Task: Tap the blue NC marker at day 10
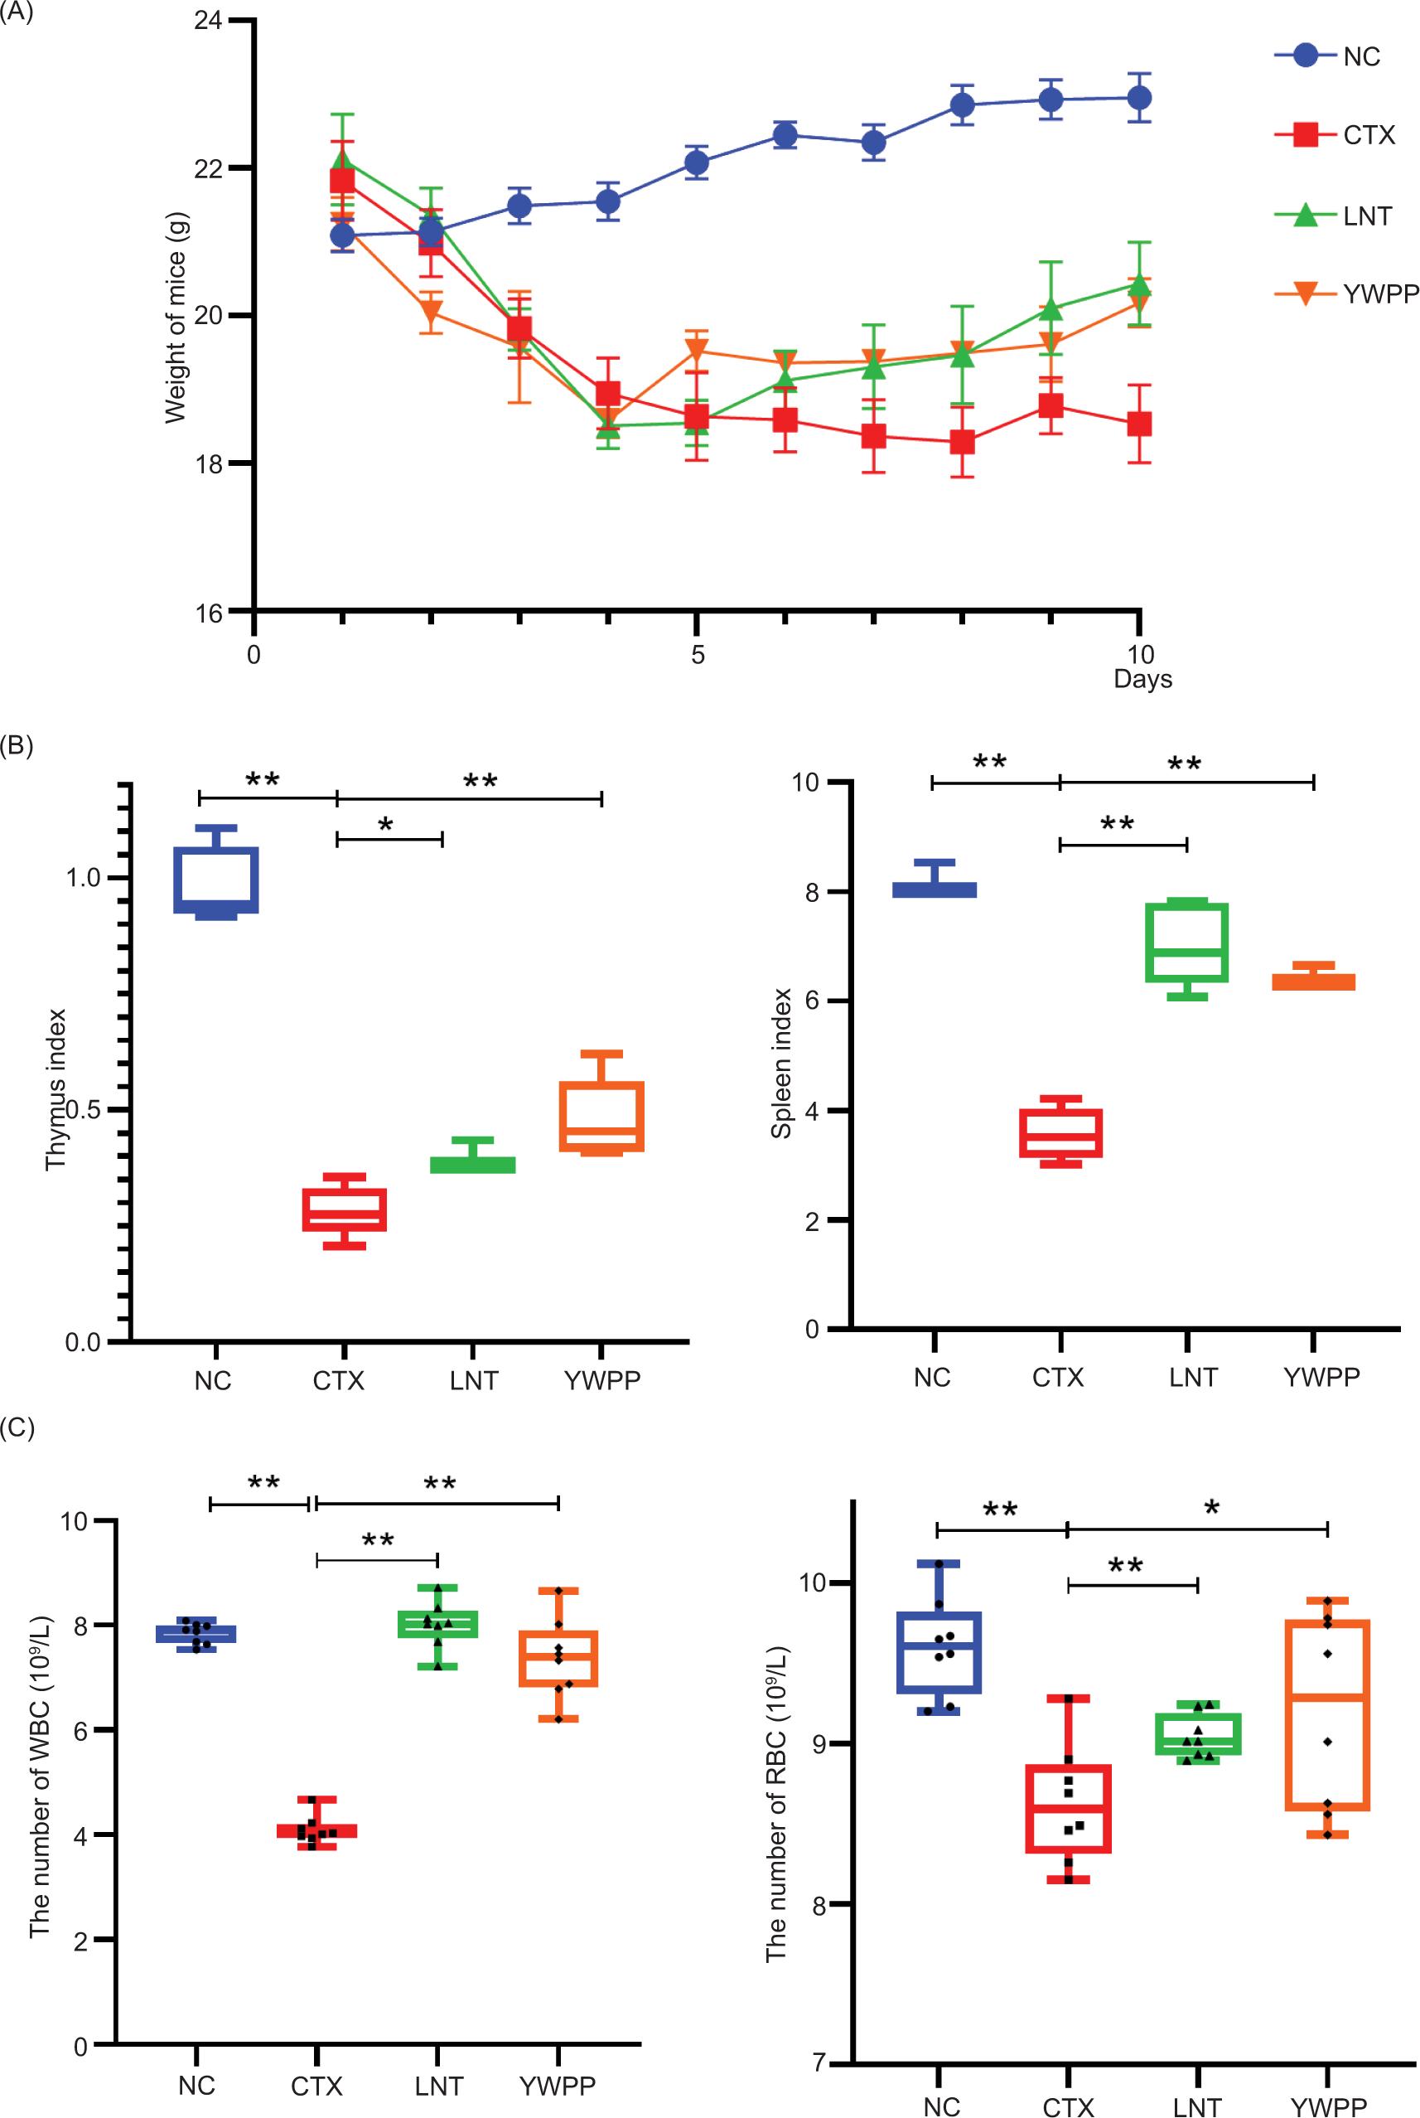pos(1139,97)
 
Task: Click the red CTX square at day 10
pos(1139,423)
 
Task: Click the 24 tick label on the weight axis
pos(208,20)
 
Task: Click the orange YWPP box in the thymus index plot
pos(601,1116)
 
